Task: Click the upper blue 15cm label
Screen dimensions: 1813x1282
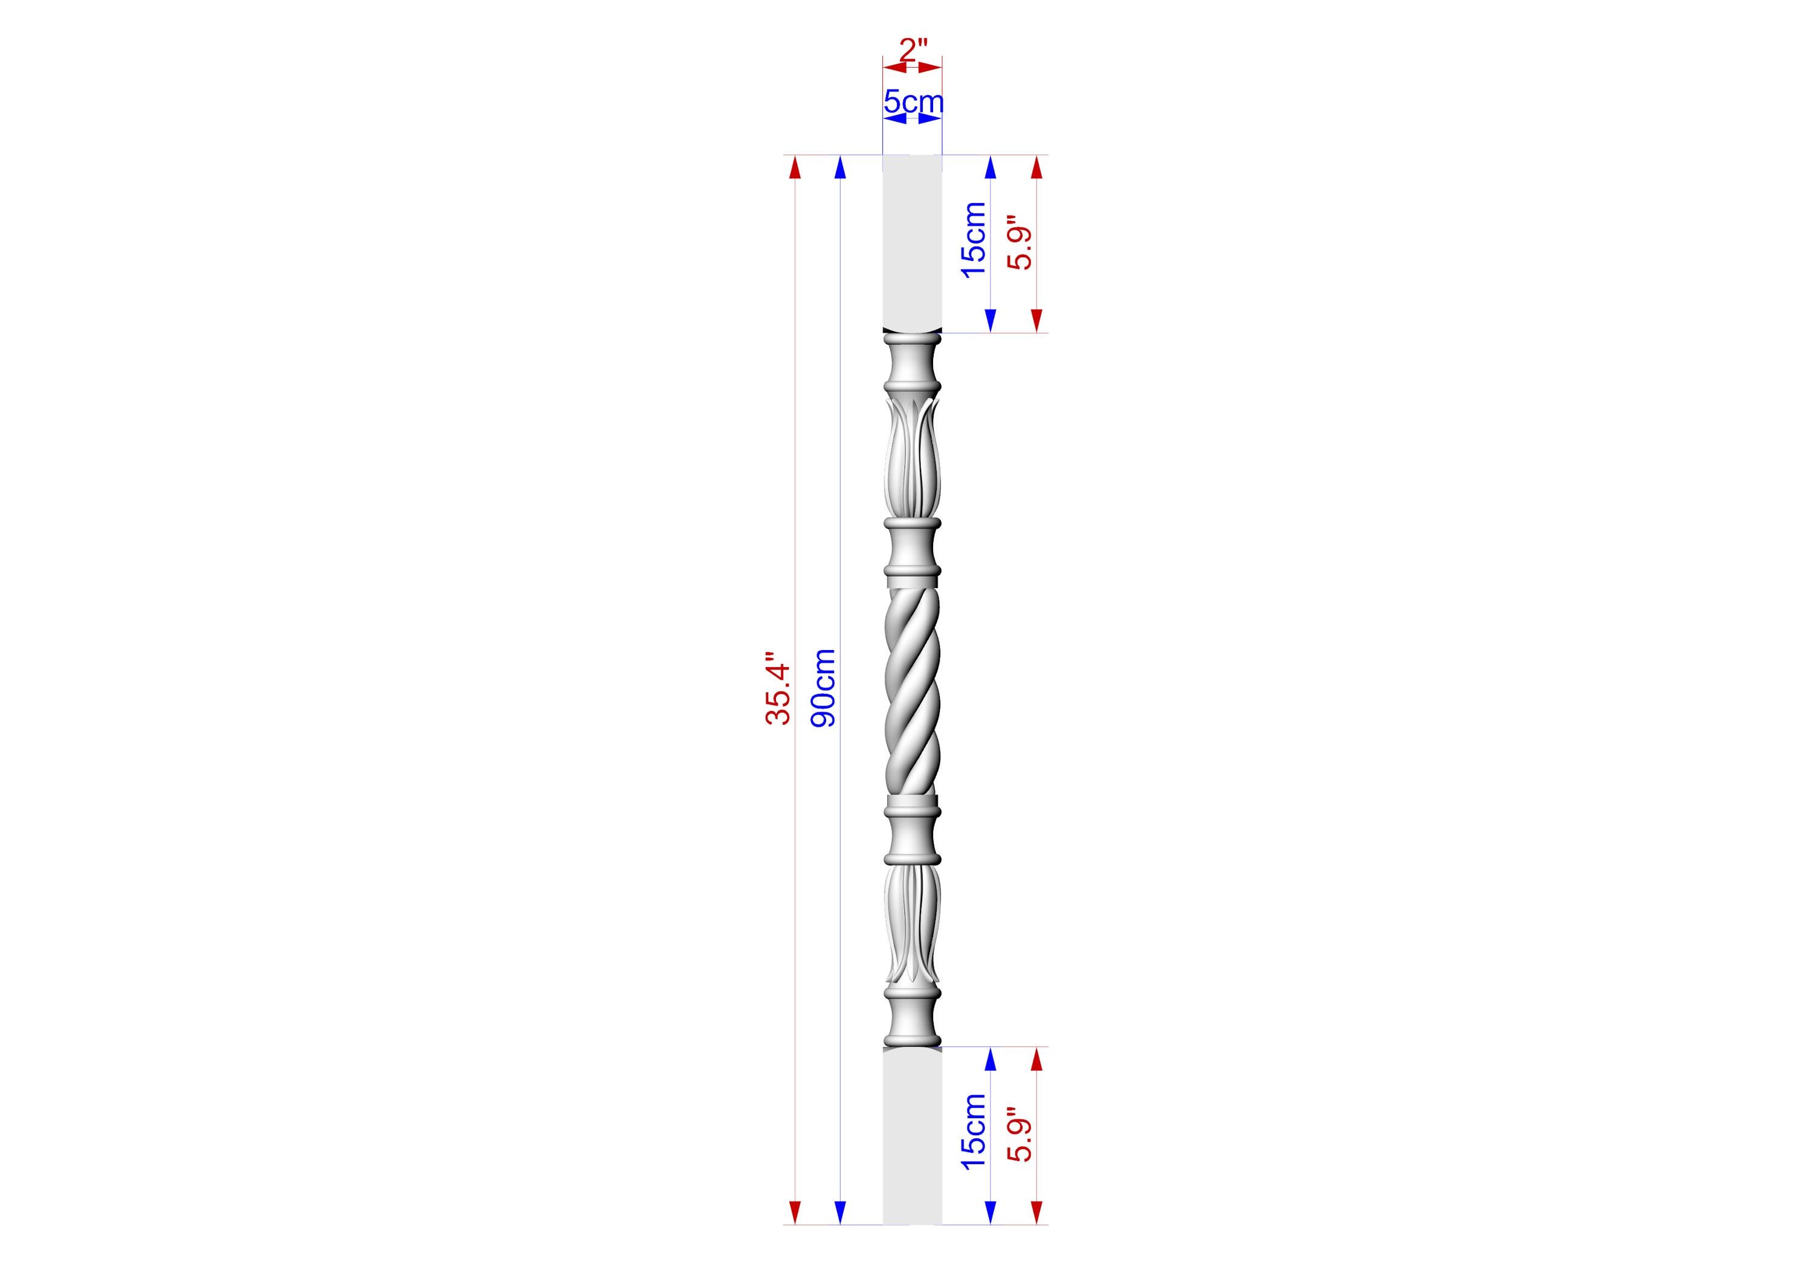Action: [x=974, y=239]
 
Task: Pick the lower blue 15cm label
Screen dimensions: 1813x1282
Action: [x=974, y=1131]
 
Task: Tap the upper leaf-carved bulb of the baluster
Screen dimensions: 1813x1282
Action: [x=912, y=458]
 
